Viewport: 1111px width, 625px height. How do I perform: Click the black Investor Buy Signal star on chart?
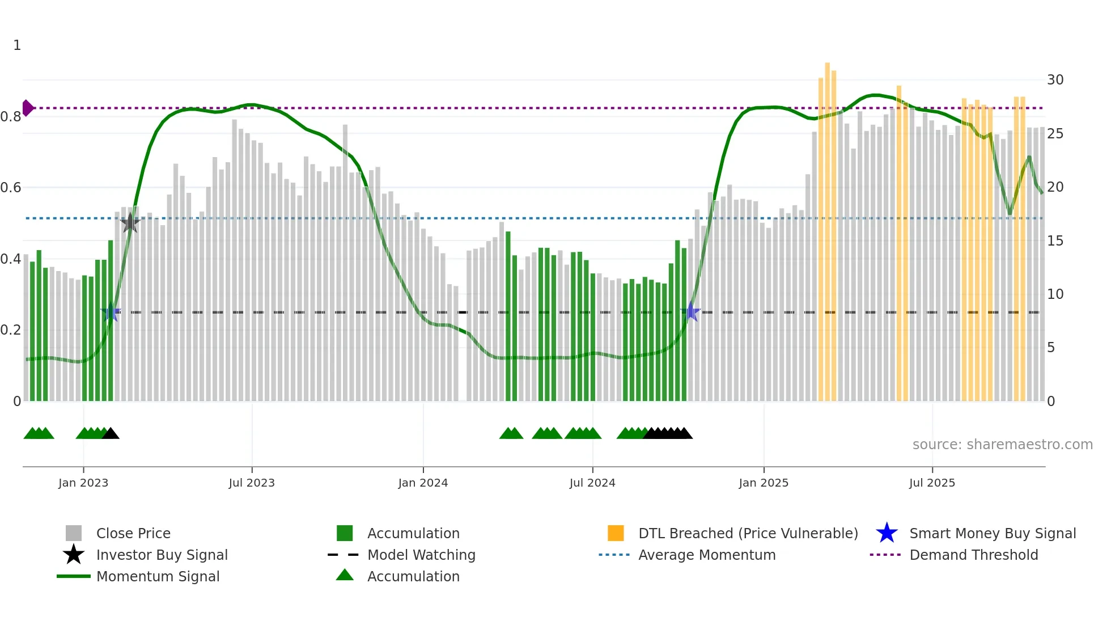tap(130, 223)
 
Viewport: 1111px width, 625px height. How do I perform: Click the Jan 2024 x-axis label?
tap(423, 483)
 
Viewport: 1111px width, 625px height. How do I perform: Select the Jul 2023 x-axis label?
tap(252, 483)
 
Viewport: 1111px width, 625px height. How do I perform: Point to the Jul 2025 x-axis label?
tap(932, 483)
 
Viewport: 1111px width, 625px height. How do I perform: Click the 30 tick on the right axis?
tap(1055, 80)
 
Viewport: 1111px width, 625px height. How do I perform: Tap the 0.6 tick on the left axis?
tap(11, 188)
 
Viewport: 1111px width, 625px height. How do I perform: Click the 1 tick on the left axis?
tap(17, 45)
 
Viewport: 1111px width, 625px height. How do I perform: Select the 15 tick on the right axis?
tap(1055, 241)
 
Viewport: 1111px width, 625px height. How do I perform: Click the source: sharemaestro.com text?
tap(1002, 445)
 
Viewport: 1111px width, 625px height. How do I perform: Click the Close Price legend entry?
tap(133, 533)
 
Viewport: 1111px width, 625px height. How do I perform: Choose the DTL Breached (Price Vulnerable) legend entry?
tap(748, 533)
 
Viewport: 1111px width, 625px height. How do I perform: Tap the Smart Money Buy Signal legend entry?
tap(992, 533)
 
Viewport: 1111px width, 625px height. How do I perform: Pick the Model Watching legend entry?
tap(421, 555)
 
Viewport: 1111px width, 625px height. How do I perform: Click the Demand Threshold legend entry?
tap(973, 555)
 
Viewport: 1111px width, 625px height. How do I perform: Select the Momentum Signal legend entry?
tap(158, 576)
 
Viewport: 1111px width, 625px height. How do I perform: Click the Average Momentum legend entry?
tap(706, 555)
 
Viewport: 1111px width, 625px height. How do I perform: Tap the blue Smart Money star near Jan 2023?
tap(111, 312)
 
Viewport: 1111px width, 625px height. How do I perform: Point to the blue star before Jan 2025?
tap(691, 312)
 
